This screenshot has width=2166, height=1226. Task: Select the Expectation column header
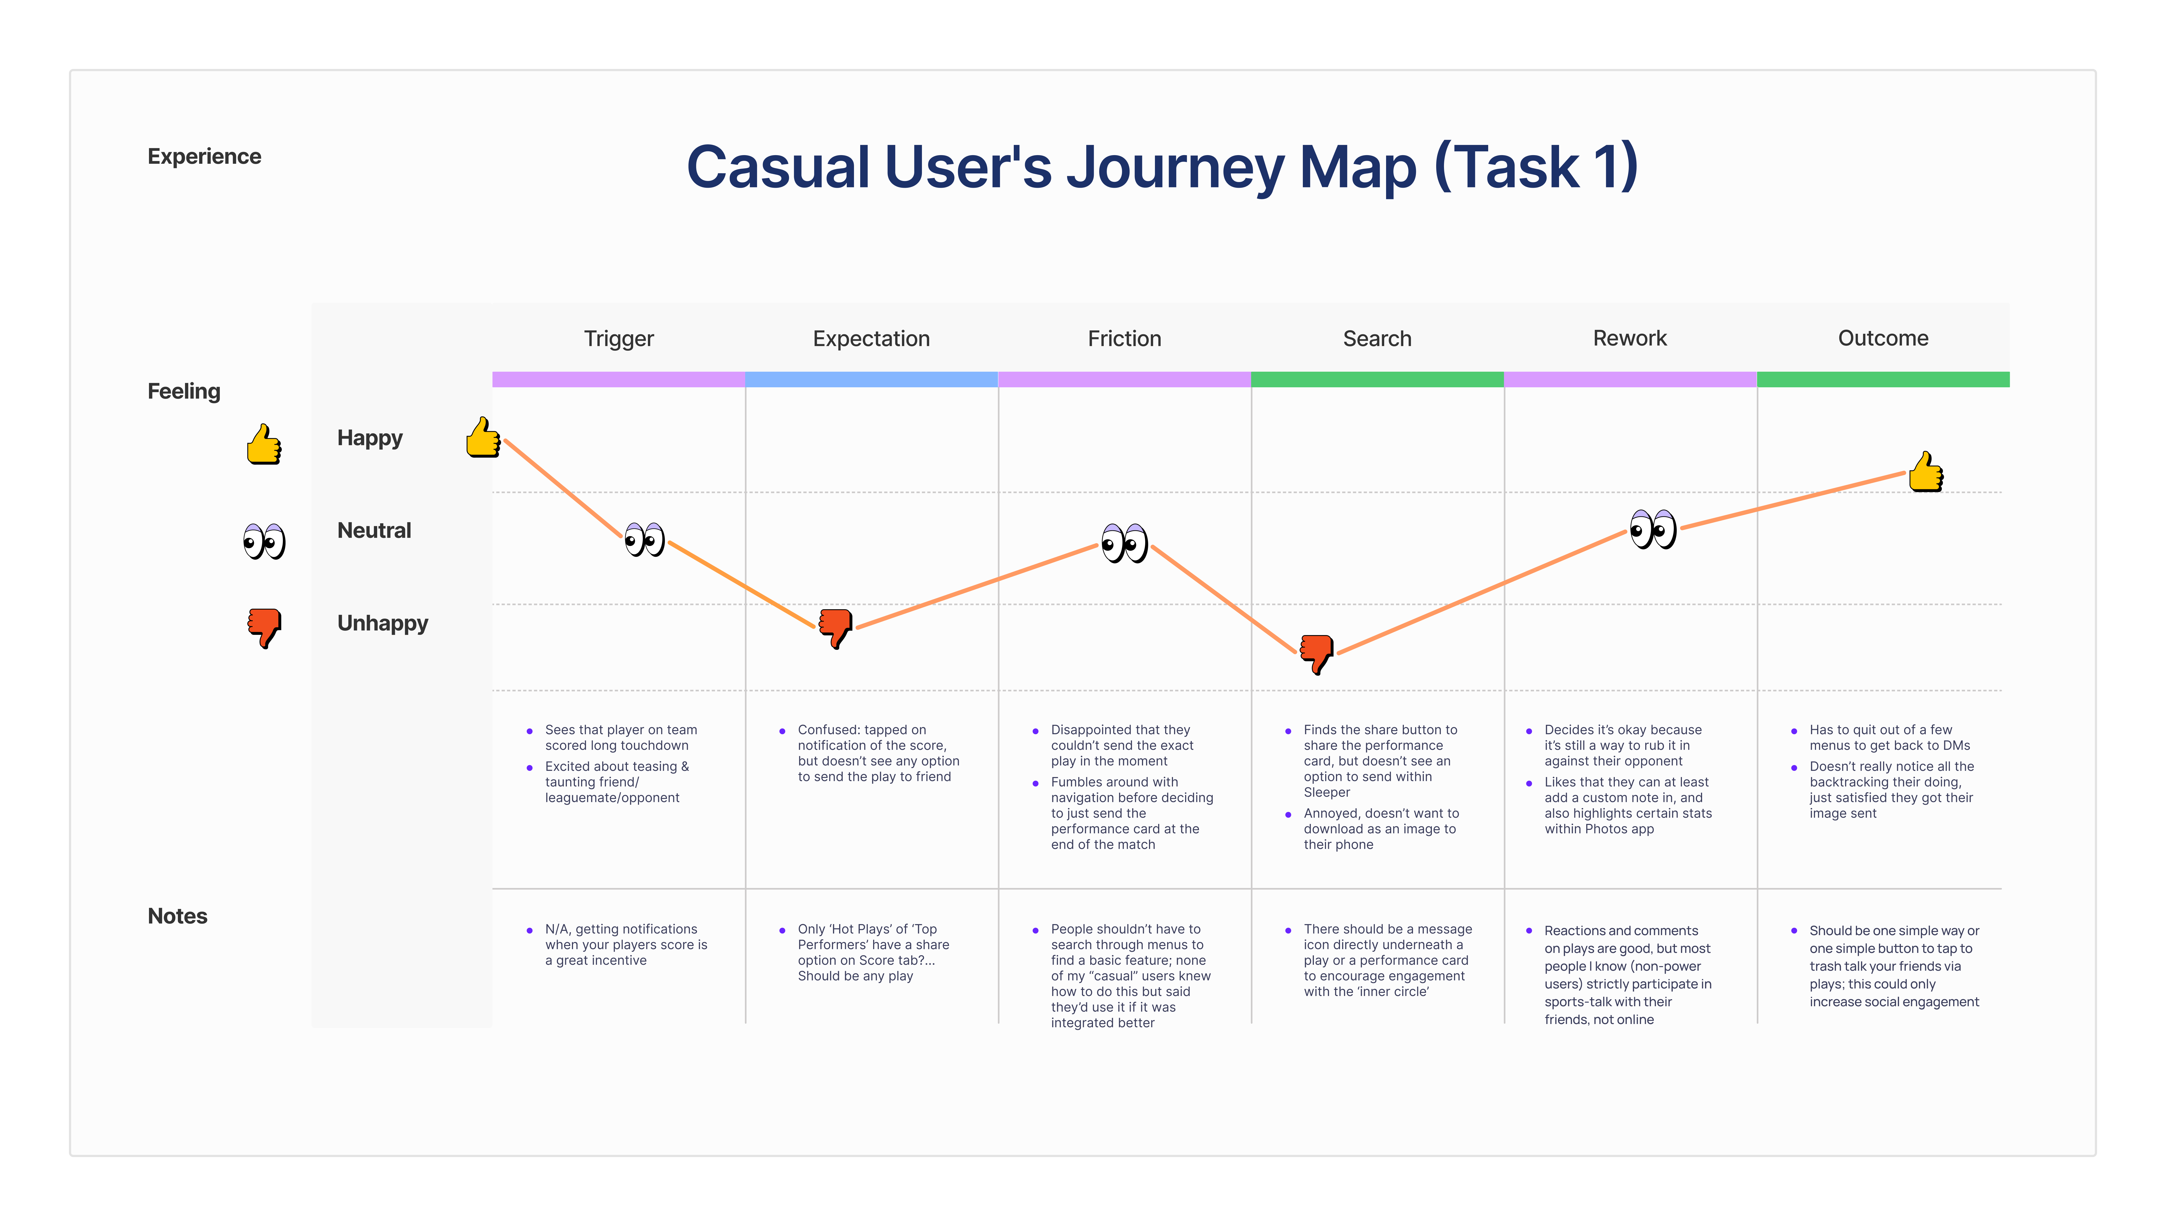coord(871,339)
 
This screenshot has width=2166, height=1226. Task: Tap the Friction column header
coord(1124,339)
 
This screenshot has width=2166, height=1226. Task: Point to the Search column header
coord(1377,339)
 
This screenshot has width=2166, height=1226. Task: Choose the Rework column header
coord(1630,339)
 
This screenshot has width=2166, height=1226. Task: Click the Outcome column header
coord(1883,339)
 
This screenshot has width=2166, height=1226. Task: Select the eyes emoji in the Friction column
coord(1124,543)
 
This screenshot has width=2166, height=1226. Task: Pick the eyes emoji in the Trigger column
coord(644,539)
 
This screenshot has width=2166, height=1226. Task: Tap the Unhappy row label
coord(382,623)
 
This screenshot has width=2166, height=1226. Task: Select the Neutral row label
coord(374,531)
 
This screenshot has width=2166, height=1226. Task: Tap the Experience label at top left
coord(204,157)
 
